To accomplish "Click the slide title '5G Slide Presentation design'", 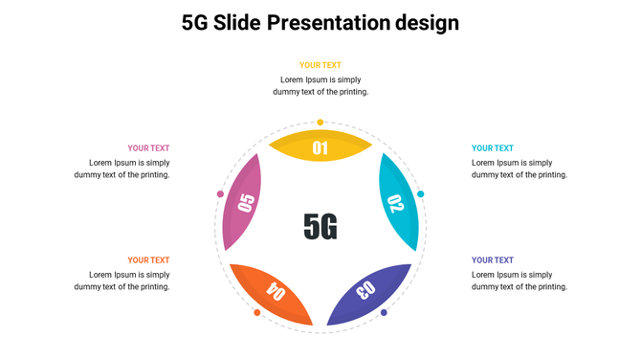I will pos(320,22).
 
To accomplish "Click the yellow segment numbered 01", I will pos(320,147).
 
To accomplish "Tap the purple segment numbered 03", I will pos(368,291).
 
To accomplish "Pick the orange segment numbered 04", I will pos(274,291).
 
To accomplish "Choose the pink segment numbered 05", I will pos(244,203).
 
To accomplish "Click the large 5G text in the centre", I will pos(320,226).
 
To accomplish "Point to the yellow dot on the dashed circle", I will pos(320,123).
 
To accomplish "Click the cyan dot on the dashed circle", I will pos(421,194).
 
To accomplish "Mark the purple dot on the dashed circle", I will pos(384,313).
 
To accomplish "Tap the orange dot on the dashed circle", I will pos(257,313).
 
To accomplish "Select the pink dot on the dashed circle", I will pos(220,194).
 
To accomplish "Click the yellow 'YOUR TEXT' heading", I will pos(320,65).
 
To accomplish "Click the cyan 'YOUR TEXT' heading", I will pos(493,148).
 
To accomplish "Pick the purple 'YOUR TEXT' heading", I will pos(493,259).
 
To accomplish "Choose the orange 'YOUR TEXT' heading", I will pos(148,259).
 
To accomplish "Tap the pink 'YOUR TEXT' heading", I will pos(148,148).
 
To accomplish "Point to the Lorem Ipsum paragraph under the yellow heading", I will pos(320,85).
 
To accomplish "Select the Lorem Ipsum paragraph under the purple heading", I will pos(519,281).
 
